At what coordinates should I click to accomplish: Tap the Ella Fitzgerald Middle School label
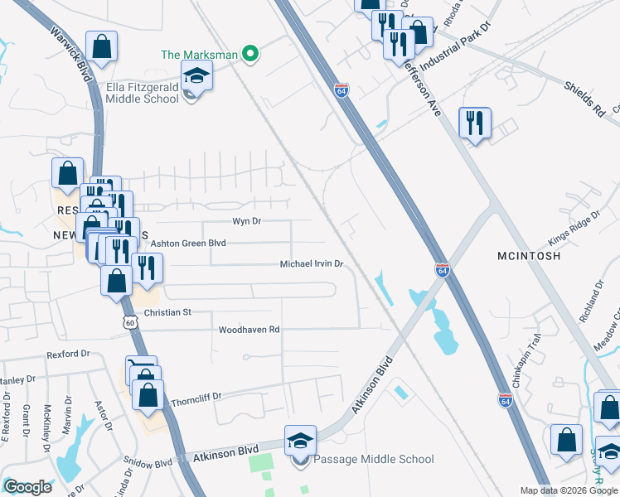coord(142,93)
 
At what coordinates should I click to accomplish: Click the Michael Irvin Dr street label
coord(312,263)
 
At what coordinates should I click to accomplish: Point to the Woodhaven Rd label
coord(249,330)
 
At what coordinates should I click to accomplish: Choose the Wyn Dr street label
coord(246,221)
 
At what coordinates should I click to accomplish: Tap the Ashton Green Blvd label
coord(187,243)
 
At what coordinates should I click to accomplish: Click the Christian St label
coord(167,312)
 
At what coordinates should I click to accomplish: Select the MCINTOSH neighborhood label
coord(530,256)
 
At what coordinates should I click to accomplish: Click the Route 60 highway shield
coord(129,322)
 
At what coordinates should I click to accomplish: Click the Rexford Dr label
coord(68,354)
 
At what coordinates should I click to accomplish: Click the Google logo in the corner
coord(27,487)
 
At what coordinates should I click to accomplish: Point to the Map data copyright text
coord(569,490)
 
